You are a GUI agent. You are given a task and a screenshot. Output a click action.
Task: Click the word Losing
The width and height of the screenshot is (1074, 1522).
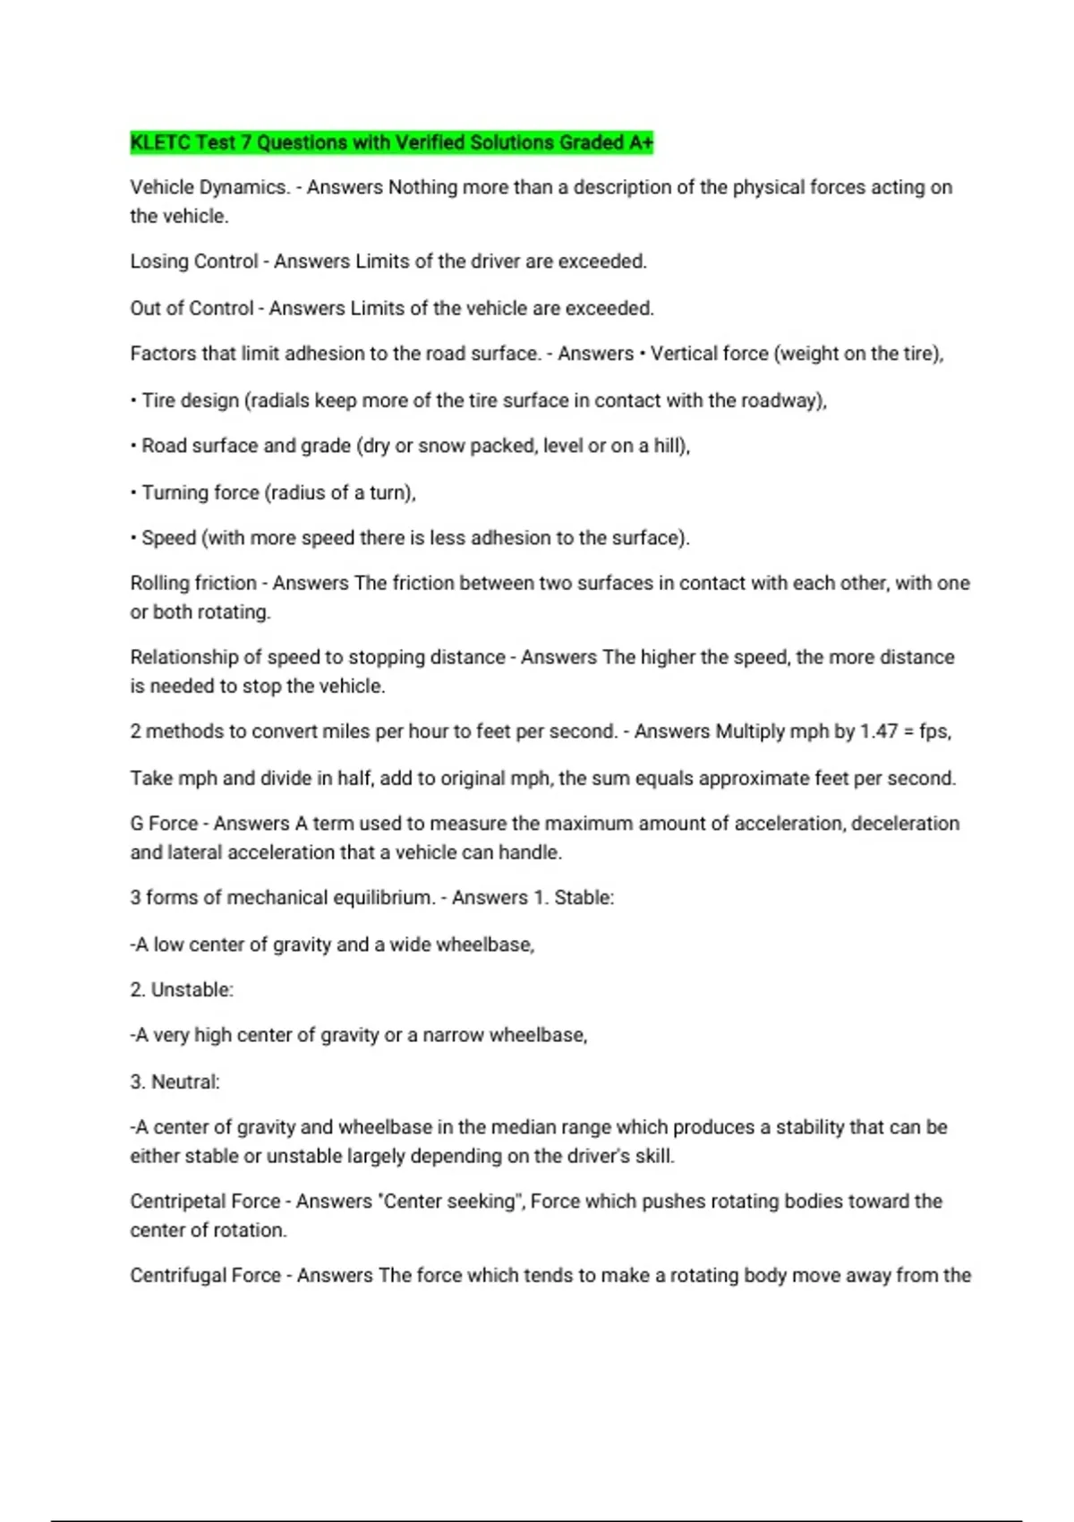coord(159,261)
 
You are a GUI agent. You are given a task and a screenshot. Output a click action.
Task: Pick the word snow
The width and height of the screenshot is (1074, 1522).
coord(441,446)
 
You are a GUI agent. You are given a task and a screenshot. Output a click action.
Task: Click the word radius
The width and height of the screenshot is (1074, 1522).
coord(300,492)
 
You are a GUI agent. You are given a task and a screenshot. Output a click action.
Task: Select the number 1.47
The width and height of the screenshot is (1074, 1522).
coord(878,731)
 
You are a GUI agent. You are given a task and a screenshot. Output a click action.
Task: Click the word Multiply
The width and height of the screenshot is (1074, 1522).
coord(750,731)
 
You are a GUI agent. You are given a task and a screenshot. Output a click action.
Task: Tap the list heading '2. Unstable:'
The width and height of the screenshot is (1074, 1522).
coord(182,990)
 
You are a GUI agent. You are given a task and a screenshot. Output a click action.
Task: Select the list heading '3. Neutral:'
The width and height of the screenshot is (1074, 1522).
coord(175,1082)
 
